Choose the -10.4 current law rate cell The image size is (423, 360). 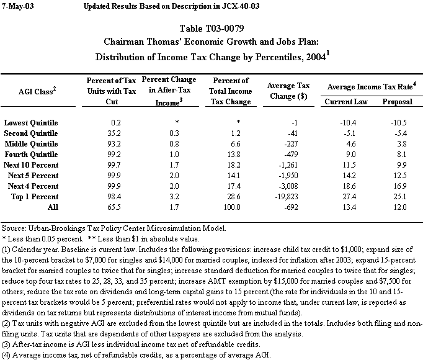pyautogui.click(x=346, y=122)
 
